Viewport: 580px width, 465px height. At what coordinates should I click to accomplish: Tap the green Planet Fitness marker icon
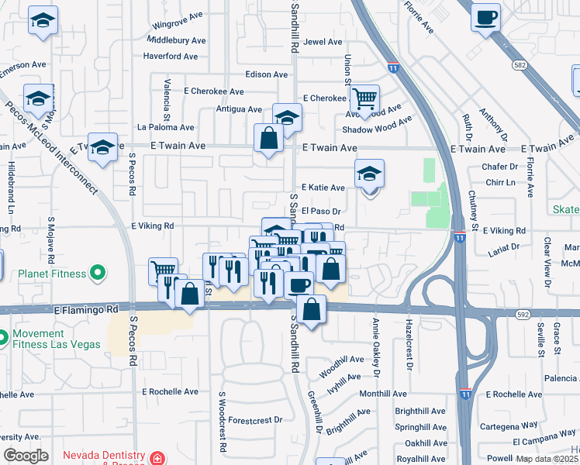97,273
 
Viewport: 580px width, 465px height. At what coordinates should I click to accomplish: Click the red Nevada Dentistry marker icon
157,458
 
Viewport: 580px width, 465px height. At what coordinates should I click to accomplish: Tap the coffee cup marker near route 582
485,19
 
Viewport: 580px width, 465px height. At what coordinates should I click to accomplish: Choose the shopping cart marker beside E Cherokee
364,99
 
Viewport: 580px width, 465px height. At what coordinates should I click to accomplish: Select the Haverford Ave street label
171,57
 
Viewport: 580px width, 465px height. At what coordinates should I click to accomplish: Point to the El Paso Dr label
321,211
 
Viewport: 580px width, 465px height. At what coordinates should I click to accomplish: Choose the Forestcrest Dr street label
256,420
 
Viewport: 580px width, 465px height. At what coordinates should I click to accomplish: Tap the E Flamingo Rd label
86,309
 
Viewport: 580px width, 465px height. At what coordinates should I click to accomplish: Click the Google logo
26,456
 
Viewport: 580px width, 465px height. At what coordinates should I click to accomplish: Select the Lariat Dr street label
504,247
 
